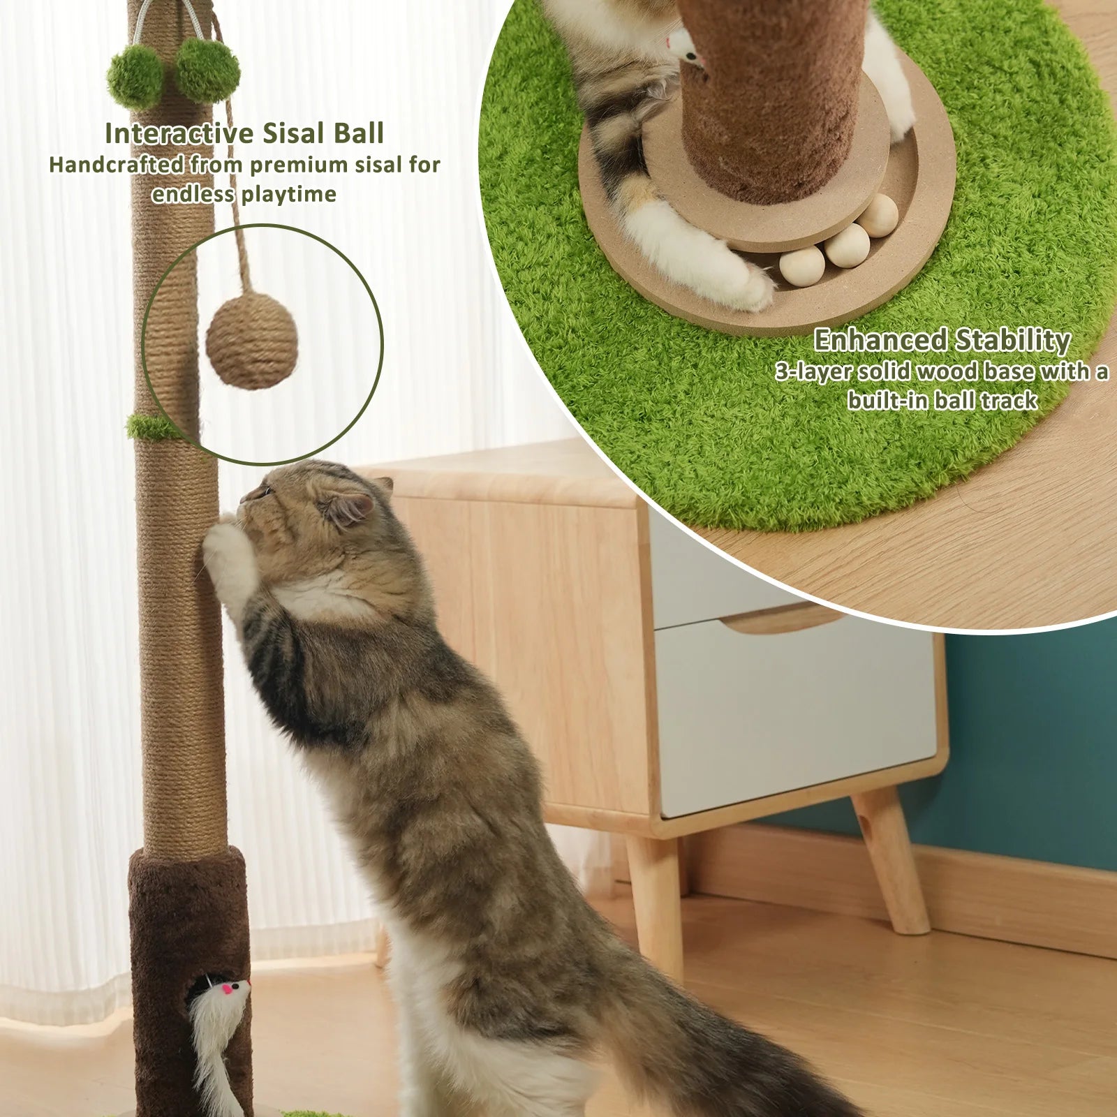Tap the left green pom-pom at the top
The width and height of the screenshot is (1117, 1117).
tap(135, 76)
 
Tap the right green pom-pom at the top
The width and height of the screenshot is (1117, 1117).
tap(207, 70)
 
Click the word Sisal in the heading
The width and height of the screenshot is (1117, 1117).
tap(294, 133)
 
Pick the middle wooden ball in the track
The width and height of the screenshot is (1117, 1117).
tap(847, 245)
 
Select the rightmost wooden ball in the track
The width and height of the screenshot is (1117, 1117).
tap(878, 215)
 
